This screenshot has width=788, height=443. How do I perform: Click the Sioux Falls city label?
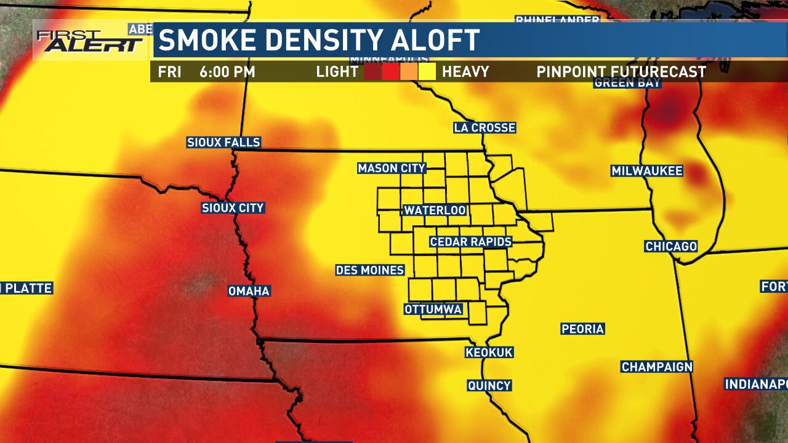tap(223, 143)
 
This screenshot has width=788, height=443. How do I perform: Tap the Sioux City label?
tap(233, 208)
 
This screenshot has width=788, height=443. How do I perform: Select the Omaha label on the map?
tap(249, 291)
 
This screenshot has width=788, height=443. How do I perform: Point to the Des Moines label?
tap(369, 270)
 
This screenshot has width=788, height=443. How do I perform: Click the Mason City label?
tap(392, 169)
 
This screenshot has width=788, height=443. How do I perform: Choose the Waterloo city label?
tap(435, 210)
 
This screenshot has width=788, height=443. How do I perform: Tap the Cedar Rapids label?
tap(471, 242)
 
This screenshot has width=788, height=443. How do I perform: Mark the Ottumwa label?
tap(433, 309)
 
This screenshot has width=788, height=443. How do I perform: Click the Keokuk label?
tap(489, 353)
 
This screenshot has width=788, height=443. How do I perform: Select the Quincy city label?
tap(489, 386)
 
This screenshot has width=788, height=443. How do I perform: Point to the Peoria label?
tap(582, 329)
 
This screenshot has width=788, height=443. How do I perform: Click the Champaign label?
tap(657, 367)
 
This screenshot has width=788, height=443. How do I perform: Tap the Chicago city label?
tap(671, 247)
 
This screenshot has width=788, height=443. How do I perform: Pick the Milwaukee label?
tap(647, 171)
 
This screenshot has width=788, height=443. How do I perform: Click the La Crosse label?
tap(484, 128)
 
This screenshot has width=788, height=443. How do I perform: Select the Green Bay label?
tap(627, 83)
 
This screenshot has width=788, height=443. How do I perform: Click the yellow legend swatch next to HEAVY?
tap(427, 72)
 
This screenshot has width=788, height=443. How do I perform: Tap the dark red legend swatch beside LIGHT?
tap(372, 72)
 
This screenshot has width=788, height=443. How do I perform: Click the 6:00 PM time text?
tap(227, 72)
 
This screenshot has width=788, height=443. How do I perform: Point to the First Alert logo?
tap(90, 41)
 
